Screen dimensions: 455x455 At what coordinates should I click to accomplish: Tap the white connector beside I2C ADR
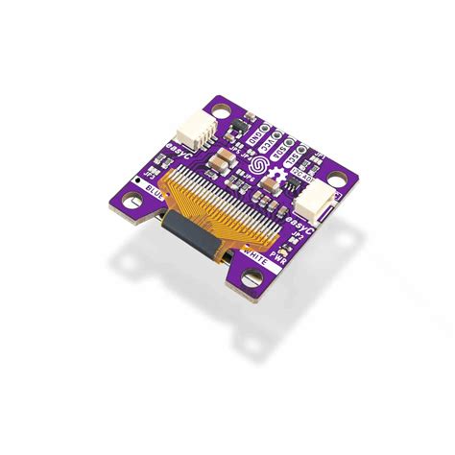(x=312, y=200)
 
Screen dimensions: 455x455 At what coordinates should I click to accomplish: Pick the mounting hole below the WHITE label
(x=253, y=278)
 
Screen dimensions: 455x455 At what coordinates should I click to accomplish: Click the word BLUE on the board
(x=152, y=199)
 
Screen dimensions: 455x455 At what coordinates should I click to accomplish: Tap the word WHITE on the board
(x=256, y=253)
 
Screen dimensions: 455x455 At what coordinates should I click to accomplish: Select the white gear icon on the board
(x=279, y=178)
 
